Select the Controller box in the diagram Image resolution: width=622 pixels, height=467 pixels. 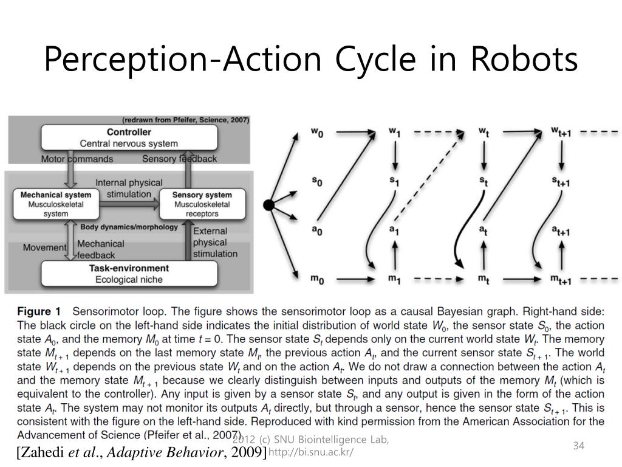pyautogui.click(x=129, y=138)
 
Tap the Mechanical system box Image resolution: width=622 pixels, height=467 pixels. pyautogui.click(x=56, y=204)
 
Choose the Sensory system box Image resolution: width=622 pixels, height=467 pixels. pyautogui.click(x=202, y=204)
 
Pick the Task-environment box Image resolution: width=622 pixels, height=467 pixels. pyautogui.click(x=129, y=274)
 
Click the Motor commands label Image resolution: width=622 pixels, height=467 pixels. pyautogui.click(x=77, y=159)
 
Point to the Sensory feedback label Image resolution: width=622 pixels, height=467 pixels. pyautogui.click(x=179, y=159)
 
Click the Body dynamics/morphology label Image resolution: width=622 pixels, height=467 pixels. pyautogui.click(x=129, y=227)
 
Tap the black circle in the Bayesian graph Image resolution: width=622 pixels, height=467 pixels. pyautogui.click(x=268, y=205)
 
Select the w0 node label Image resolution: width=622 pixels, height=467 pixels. pyautogui.click(x=317, y=133)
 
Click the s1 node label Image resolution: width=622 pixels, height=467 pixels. pyautogui.click(x=394, y=181)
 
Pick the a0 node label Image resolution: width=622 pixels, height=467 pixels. pyautogui.click(x=317, y=230)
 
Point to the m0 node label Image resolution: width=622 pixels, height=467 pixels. pyautogui.click(x=317, y=279)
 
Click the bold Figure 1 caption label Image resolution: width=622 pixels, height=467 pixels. pyautogui.click(x=39, y=310)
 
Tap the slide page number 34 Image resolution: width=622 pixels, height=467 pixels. pyautogui.click(x=578, y=446)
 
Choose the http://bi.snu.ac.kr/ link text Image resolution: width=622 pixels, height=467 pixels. pyautogui.click(x=310, y=453)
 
